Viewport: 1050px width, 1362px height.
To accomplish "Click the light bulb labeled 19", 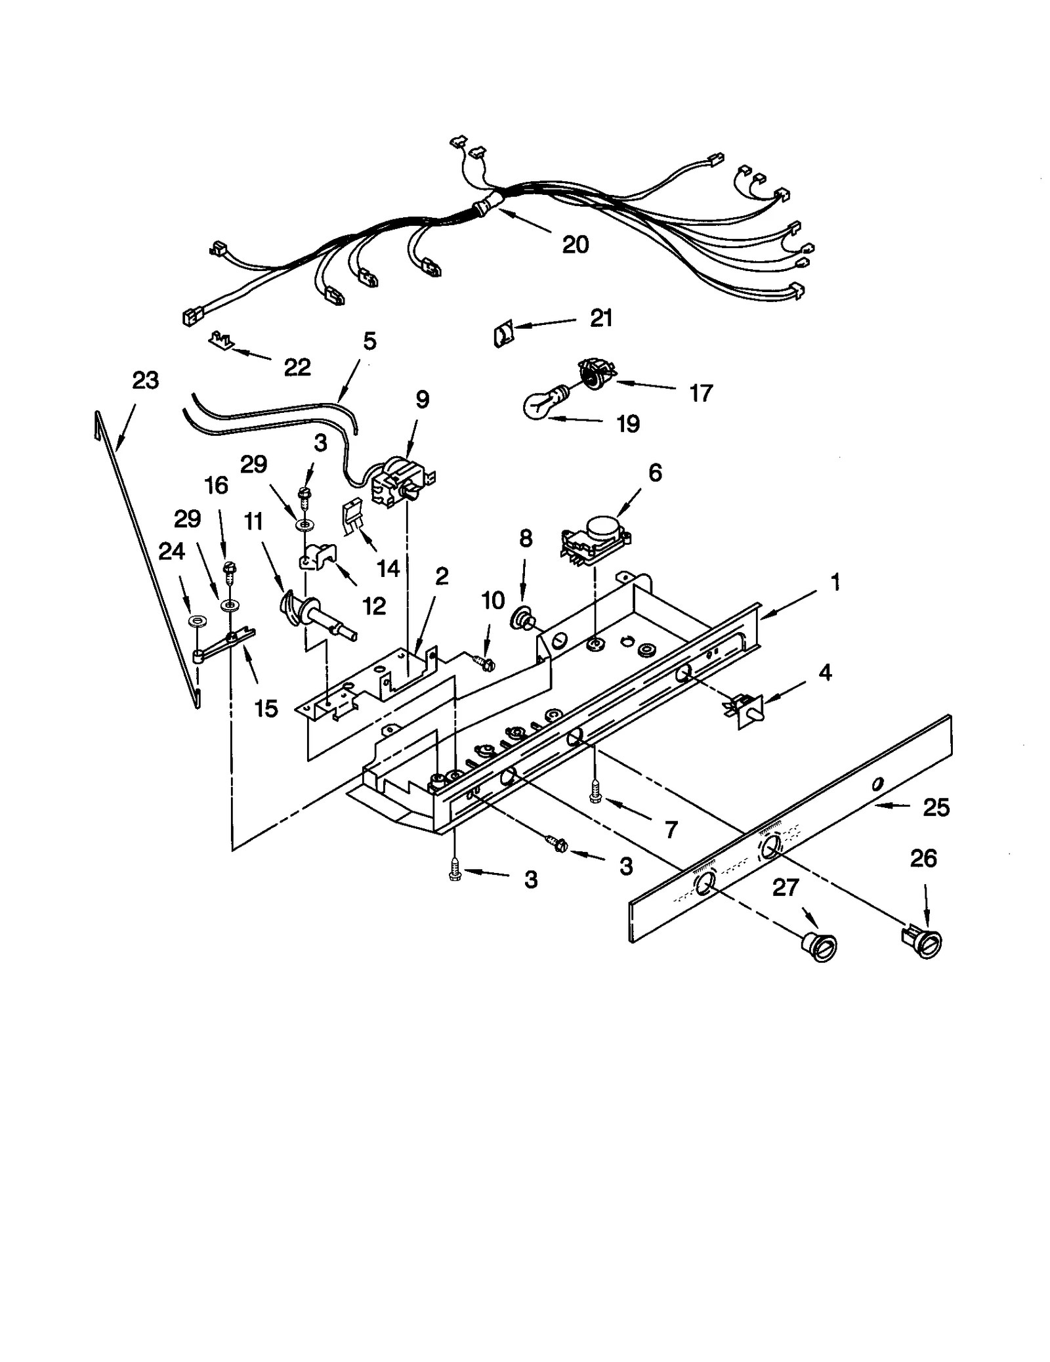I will tap(539, 404).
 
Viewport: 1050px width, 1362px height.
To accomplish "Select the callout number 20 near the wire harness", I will tap(575, 244).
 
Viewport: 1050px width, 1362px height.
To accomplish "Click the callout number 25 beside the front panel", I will tap(935, 807).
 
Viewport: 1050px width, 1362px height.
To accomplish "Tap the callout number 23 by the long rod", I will tap(145, 380).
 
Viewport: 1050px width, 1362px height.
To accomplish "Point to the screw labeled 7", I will tap(595, 793).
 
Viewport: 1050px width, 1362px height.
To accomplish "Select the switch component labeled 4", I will tap(745, 712).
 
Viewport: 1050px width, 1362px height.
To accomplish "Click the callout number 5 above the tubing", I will tap(369, 341).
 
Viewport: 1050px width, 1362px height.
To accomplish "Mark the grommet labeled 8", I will tap(522, 618).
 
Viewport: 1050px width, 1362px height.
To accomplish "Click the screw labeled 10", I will tap(484, 663).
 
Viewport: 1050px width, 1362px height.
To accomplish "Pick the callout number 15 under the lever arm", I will tap(266, 708).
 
